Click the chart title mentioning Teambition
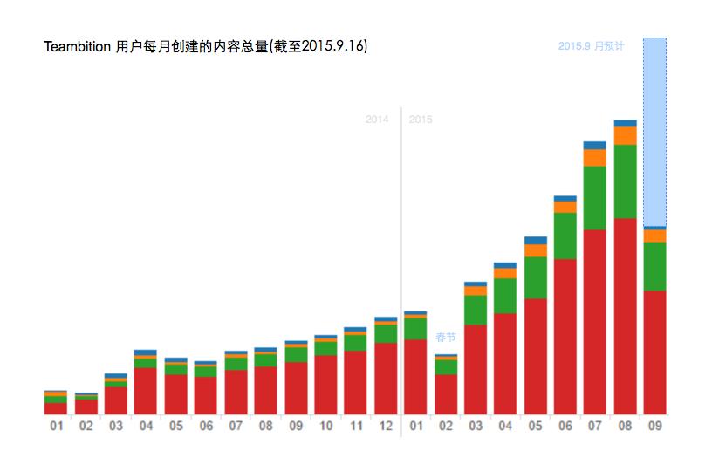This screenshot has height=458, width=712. click(205, 46)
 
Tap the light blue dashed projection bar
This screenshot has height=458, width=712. click(654, 131)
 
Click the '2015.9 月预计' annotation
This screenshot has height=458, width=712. click(591, 46)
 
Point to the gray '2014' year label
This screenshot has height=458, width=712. click(377, 120)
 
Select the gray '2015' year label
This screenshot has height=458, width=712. click(421, 120)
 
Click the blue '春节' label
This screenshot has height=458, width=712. click(446, 337)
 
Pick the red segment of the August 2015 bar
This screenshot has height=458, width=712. click(625, 314)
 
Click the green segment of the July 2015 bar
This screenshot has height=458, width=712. click(595, 197)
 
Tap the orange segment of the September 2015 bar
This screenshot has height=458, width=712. click(654, 236)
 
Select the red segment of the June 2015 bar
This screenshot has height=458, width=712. click(565, 336)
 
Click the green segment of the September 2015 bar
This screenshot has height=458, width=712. click(654, 266)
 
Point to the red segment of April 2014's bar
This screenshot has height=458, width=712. click(146, 390)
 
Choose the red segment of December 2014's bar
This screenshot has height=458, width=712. click(386, 378)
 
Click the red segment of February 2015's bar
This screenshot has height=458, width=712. click(446, 393)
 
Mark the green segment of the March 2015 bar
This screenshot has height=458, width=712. click(476, 310)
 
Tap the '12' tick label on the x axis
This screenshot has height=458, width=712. click(386, 427)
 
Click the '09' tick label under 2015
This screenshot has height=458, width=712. click(654, 427)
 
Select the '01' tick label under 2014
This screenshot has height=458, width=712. click(56, 427)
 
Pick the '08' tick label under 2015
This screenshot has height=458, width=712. click(625, 427)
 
